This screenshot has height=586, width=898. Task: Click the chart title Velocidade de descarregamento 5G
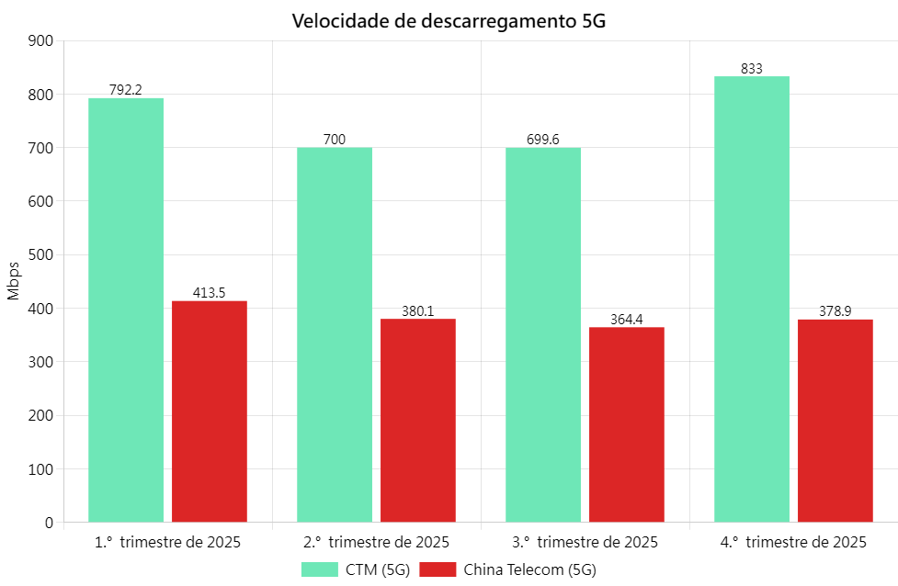[x=449, y=21]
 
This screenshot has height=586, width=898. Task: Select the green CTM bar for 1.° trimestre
[x=126, y=310]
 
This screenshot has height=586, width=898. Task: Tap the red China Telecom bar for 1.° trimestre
[x=210, y=411]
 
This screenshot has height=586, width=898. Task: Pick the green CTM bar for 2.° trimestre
[x=335, y=334]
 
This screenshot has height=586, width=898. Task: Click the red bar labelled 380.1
[x=418, y=421]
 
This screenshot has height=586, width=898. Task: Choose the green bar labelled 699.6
[x=543, y=334]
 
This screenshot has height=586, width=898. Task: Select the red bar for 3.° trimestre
[x=627, y=424]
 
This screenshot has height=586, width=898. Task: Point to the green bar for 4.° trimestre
[x=752, y=299]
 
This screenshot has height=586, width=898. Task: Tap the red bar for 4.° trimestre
[x=835, y=421]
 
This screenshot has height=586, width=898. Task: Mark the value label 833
[x=752, y=69]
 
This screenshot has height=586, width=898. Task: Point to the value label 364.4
[x=627, y=320]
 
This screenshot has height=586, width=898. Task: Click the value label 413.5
[x=210, y=293]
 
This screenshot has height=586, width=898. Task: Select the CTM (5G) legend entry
[x=356, y=569]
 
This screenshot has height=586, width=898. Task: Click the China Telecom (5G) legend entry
[x=507, y=569]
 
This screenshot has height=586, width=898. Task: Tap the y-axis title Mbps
[x=13, y=281]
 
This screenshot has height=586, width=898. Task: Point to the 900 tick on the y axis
[x=42, y=40]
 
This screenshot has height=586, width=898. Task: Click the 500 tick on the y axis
[x=42, y=254]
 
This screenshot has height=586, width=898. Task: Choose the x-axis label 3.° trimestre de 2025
[x=585, y=542]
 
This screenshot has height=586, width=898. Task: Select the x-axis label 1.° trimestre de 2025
[x=167, y=542]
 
